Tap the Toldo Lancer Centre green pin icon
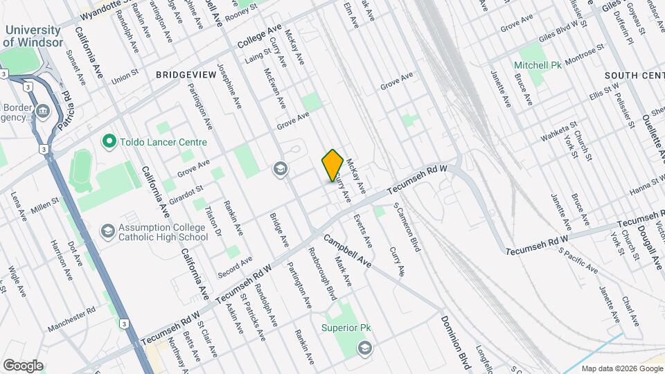(x=108, y=142)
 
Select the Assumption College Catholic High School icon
(x=107, y=229)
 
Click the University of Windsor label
(x=33, y=36)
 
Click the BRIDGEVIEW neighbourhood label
(x=183, y=74)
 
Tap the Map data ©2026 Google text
(x=621, y=368)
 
